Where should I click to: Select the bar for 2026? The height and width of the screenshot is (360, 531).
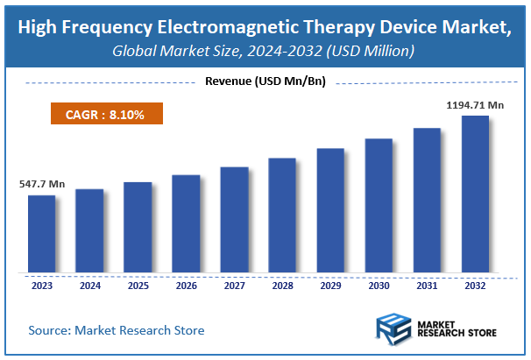click(x=186, y=223)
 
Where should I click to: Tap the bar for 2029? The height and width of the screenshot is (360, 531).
click(x=330, y=210)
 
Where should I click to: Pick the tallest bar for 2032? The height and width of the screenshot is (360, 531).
click(x=475, y=194)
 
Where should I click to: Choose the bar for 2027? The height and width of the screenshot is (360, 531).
click(x=234, y=219)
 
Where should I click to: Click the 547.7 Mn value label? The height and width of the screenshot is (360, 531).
click(x=42, y=185)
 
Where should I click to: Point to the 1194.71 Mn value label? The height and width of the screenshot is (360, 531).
click(x=475, y=105)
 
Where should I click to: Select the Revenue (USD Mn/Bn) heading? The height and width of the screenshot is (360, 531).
click(x=265, y=82)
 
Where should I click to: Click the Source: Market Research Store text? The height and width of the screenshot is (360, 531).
click(x=116, y=330)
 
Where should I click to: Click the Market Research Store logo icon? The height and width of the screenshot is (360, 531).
click(x=394, y=328)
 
